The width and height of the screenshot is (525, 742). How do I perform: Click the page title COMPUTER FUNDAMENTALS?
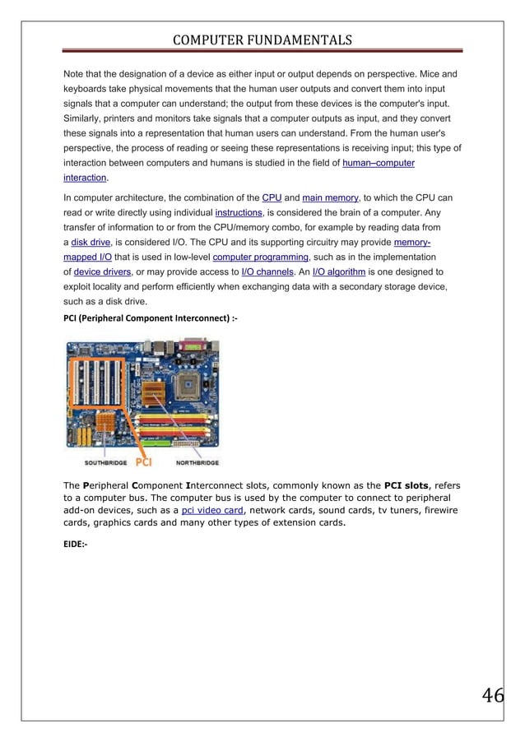pos(262,40)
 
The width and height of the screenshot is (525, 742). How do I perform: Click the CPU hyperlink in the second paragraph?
pos(271,198)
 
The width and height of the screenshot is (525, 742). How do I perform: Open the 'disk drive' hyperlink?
pos(92,243)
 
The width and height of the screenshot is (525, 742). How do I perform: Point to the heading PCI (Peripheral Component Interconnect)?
pos(151,318)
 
